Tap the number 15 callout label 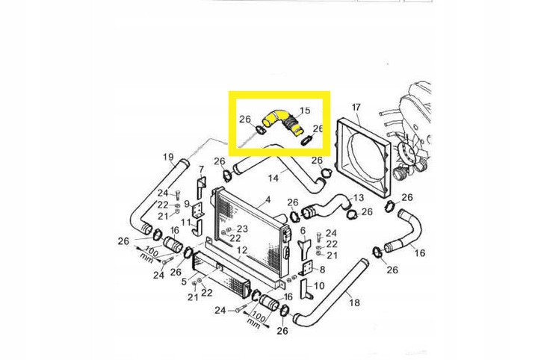click(304, 111)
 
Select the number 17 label click(356, 108)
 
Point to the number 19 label click(168, 157)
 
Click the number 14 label click(273, 179)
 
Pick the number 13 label click(359, 198)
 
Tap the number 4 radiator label click(267, 200)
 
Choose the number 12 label click(242, 250)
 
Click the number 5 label click(184, 282)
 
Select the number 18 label click(354, 302)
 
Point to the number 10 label click(319, 285)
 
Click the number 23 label click(242, 229)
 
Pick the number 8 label click(321, 269)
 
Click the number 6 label click(303, 231)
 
